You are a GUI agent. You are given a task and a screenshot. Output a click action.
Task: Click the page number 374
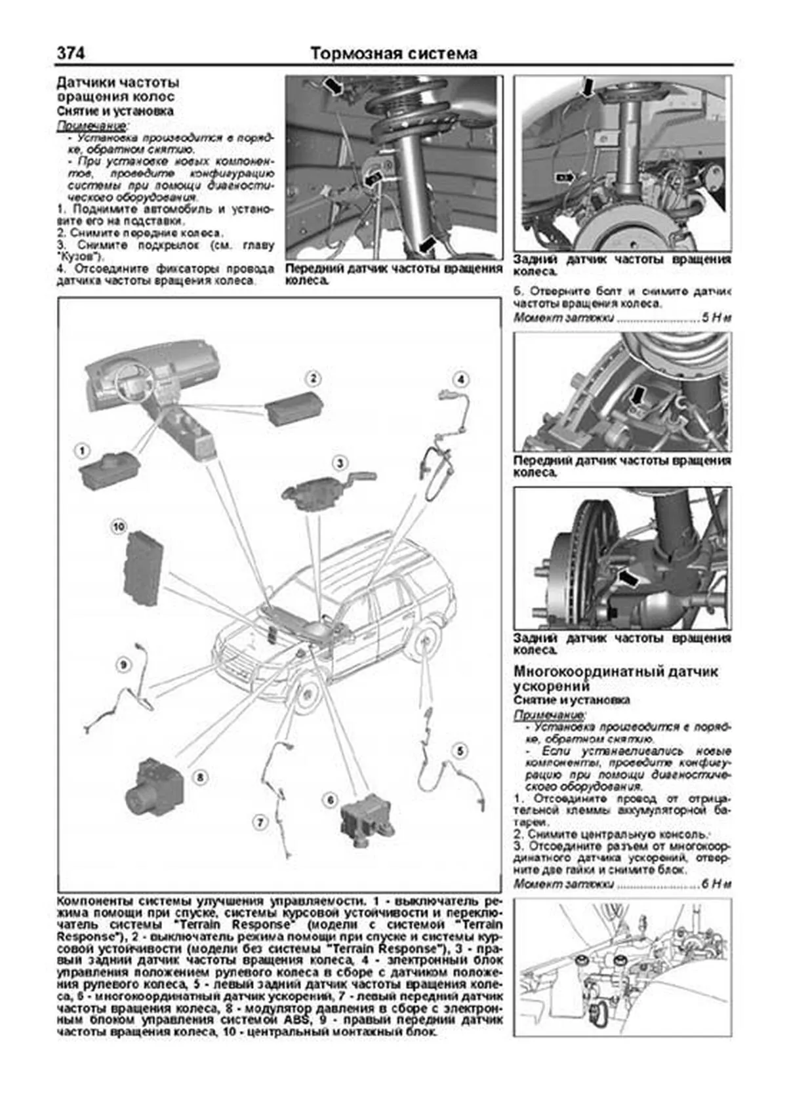71,52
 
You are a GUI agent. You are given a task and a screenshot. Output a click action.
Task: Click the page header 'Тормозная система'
393,53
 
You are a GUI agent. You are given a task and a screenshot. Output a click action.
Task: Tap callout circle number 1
82,451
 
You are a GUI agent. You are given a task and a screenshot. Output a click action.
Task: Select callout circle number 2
313,378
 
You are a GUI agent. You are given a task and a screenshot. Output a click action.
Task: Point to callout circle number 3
340,463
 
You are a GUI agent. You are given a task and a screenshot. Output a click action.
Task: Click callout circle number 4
461,379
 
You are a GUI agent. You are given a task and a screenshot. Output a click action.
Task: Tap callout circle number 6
331,799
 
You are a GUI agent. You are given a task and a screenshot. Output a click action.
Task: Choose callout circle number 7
260,821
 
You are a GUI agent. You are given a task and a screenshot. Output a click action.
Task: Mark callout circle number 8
200,777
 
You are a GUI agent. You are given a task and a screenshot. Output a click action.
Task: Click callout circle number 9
121,665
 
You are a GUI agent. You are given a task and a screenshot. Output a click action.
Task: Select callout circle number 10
118,526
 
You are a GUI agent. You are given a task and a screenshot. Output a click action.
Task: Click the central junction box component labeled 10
144,568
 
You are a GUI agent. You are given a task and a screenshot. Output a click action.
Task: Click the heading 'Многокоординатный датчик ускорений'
615,678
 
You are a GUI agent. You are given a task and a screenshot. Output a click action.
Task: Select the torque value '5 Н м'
716,318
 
